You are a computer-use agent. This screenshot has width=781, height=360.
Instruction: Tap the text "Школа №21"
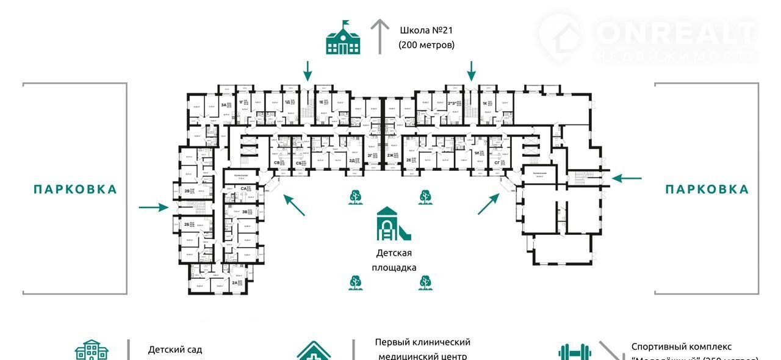427,30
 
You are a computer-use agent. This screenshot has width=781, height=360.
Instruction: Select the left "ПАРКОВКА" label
75,189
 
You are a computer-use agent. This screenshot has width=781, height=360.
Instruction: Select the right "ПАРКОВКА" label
707,189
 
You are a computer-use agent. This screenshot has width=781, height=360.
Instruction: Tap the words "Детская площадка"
394,260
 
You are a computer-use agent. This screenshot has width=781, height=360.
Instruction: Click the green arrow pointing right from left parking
153,207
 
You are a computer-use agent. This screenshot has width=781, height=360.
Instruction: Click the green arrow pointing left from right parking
627,178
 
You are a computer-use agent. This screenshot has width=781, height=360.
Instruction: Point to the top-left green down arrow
308,71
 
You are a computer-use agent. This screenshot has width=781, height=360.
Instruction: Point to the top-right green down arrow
471,71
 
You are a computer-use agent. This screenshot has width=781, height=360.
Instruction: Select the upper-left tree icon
355,196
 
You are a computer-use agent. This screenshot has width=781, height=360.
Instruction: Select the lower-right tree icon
425,282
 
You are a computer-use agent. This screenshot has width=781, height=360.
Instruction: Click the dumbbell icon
573,353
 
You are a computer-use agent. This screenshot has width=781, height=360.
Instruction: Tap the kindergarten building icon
92,350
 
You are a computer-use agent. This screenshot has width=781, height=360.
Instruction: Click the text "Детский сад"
175,350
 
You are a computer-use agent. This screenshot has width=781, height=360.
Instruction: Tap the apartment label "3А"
225,106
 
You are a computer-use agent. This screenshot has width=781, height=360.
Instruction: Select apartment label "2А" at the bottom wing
235,283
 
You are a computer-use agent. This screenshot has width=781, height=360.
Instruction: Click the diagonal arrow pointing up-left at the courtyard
294,205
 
